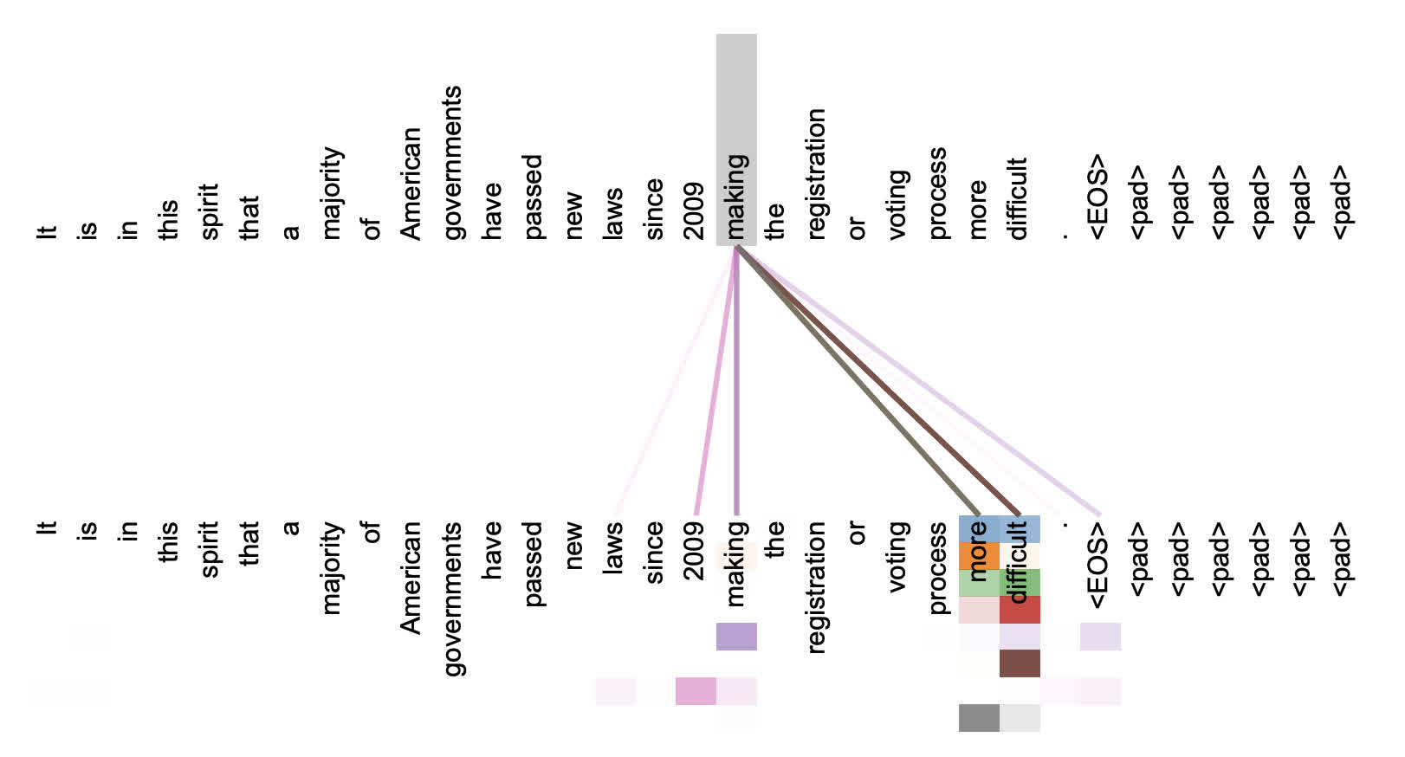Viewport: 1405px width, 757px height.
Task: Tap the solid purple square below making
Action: coord(736,637)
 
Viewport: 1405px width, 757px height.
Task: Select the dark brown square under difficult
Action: coord(1020,663)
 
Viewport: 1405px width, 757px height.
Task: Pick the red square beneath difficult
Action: coord(1020,610)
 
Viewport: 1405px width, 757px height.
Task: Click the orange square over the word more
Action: coord(979,556)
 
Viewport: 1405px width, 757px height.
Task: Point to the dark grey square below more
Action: coord(979,718)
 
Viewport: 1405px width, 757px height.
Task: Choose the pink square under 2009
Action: coord(696,691)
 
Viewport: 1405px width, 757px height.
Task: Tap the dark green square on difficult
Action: coord(1020,583)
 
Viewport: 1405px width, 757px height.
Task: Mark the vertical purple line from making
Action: coord(736,381)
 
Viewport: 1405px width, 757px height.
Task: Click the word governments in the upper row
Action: coord(452,163)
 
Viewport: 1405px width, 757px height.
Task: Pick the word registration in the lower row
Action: coord(817,586)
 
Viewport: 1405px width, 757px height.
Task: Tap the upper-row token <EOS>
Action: coord(1098,197)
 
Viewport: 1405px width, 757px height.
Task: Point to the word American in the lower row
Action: coord(411,578)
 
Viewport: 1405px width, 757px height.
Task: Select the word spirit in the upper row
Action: coord(209,211)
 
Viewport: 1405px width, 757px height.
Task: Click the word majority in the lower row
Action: coord(331,567)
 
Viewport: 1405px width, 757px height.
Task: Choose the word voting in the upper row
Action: coord(897,204)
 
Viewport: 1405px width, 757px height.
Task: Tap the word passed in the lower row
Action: coord(533,564)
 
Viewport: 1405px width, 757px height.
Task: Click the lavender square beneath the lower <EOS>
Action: coord(1100,637)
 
